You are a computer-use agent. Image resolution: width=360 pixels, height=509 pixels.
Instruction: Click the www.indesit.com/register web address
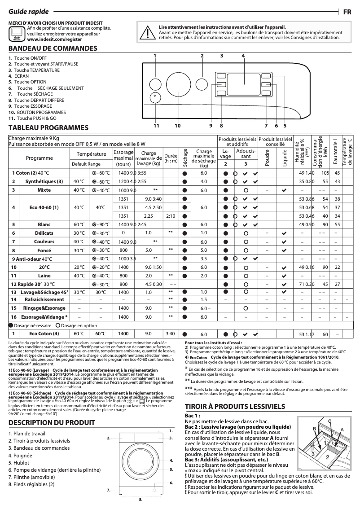50,39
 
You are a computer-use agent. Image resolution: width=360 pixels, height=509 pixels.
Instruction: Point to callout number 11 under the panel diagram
156,126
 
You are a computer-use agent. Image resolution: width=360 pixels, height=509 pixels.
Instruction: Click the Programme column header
39,158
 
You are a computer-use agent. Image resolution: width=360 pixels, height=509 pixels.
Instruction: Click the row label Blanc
44,224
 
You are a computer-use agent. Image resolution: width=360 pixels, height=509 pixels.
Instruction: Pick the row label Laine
44,275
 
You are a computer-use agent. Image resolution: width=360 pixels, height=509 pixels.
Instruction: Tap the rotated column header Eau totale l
334,151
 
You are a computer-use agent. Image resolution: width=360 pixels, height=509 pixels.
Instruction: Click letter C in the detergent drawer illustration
329,421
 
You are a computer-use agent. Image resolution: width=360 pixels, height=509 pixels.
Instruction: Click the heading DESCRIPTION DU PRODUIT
52,423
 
